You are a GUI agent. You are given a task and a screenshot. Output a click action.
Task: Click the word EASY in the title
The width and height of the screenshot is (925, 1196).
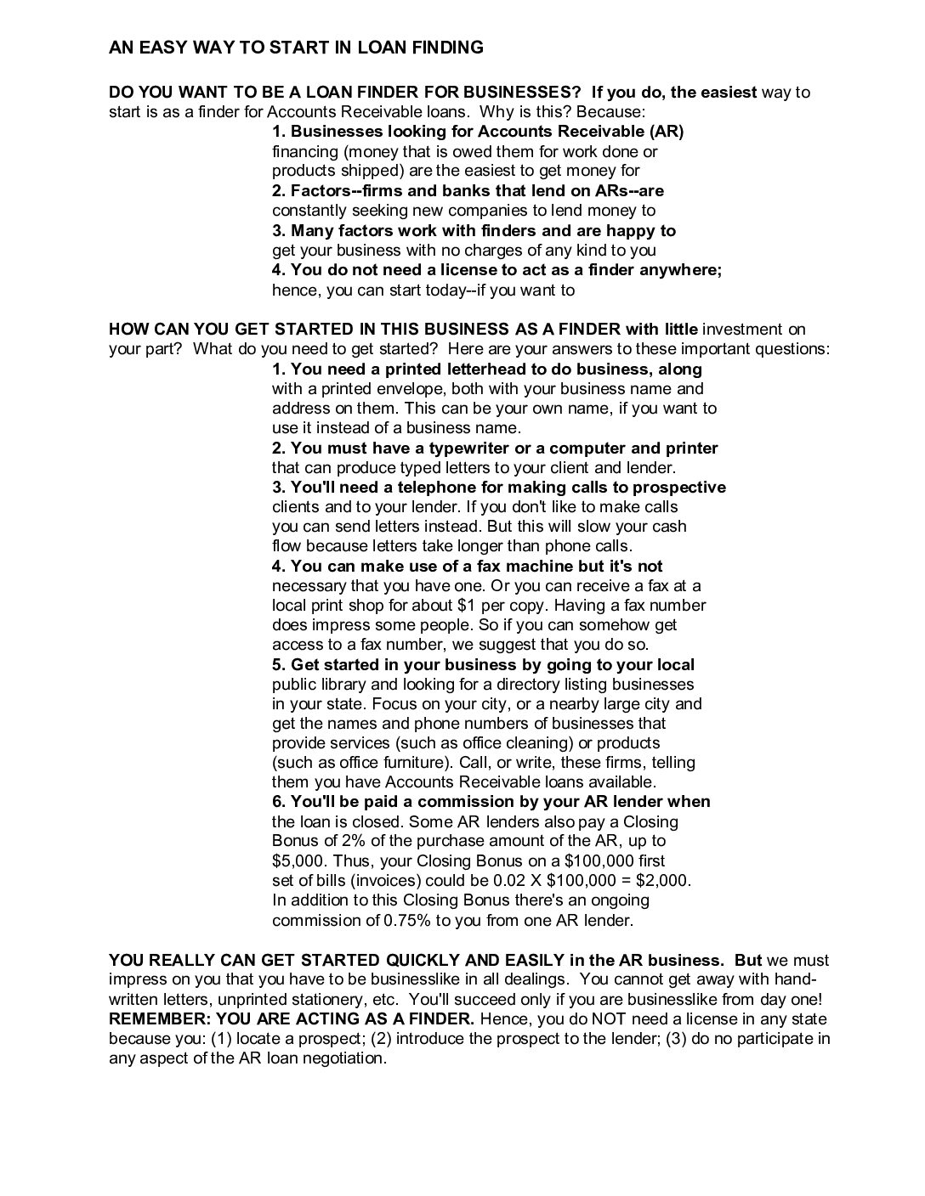(162, 48)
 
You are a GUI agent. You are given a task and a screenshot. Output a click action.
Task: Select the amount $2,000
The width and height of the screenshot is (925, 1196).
(663, 880)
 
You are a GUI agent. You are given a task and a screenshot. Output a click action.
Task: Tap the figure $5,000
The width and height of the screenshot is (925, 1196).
(298, 860)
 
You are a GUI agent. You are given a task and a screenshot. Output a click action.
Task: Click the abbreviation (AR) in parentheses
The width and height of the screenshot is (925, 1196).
(666, 131)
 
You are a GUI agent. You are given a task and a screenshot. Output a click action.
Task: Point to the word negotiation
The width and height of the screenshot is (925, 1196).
(342, 1058)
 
